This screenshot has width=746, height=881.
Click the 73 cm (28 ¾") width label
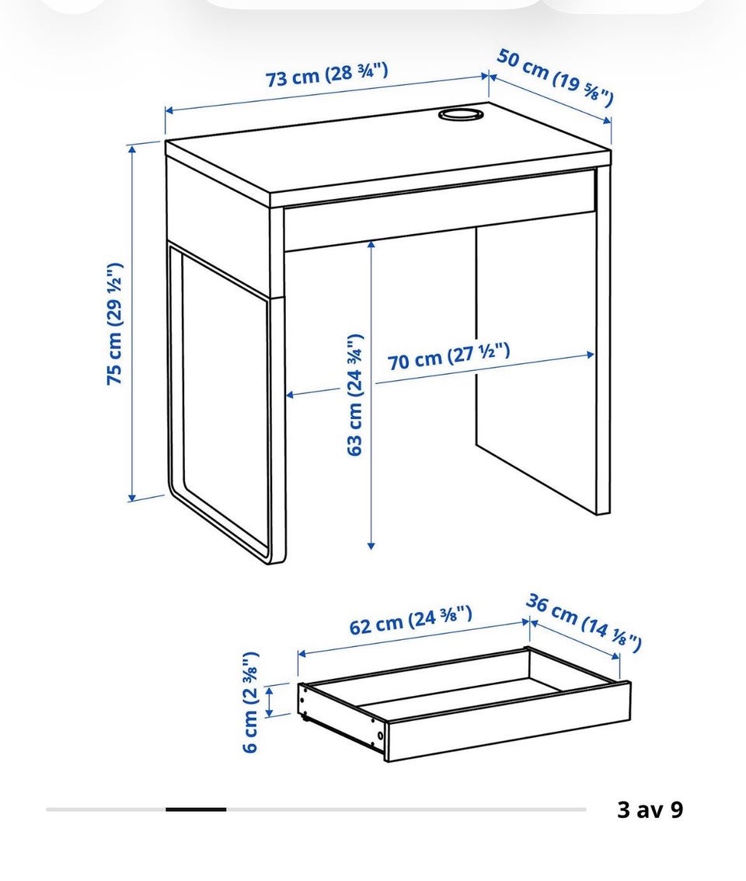326,75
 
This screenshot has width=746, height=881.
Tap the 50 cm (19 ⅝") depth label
555,78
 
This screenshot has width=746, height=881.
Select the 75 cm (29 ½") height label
114,323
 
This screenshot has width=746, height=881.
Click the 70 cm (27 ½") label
449,358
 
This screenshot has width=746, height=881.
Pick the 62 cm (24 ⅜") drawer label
410,620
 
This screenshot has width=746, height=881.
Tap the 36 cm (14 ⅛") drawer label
584,623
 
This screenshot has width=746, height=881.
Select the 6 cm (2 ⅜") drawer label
250,701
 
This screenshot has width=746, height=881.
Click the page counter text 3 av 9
650,809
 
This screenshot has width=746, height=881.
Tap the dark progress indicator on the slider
196,809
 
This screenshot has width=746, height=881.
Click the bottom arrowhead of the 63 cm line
371,544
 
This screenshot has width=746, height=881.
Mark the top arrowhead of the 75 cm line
132,149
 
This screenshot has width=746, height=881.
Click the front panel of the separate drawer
508,722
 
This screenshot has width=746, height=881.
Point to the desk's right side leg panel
603,341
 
